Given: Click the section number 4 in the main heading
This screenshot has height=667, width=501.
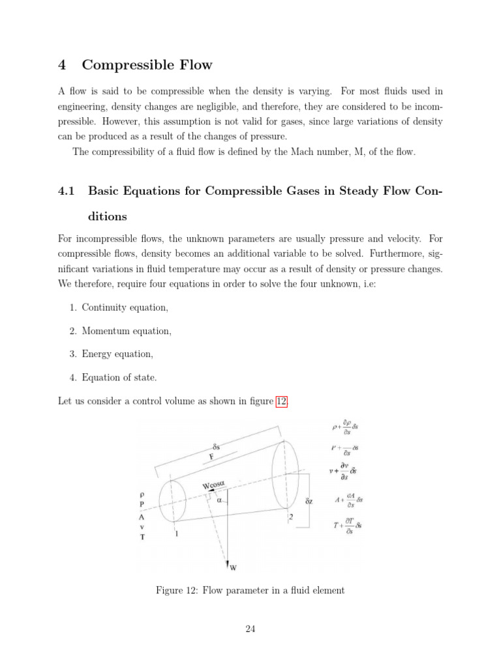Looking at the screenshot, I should click(x=63, y=64).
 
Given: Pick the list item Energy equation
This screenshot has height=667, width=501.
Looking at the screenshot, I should click(x=117, y=354).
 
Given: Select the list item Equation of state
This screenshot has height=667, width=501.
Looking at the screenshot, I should click(x=119, y=378).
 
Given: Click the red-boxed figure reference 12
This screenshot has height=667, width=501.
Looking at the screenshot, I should click(x=281, y=401).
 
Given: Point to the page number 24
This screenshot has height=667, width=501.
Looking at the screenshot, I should click(x=250, y=629).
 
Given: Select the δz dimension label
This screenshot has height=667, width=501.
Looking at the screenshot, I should click(x=309, y=502).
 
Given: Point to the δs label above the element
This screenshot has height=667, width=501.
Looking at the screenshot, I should click(x=216, y=448).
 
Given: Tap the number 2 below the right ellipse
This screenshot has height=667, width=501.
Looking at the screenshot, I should click(x=290, y=517).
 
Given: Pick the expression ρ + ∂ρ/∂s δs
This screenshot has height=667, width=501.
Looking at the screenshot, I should click(x=345, y=427).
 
